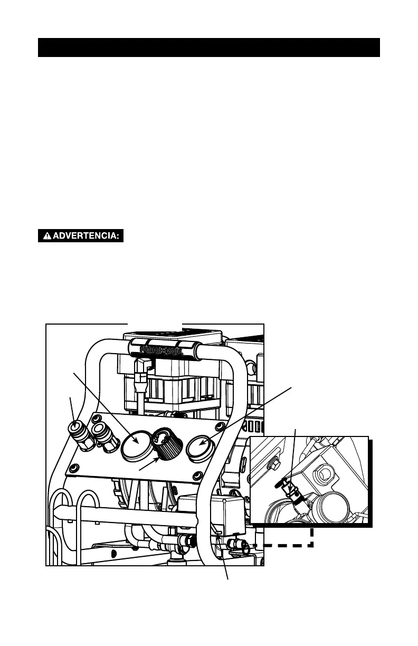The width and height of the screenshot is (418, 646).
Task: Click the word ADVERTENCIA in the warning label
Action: (x=84, y=236)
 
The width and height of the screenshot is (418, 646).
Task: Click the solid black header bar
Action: (x=209, y=47)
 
